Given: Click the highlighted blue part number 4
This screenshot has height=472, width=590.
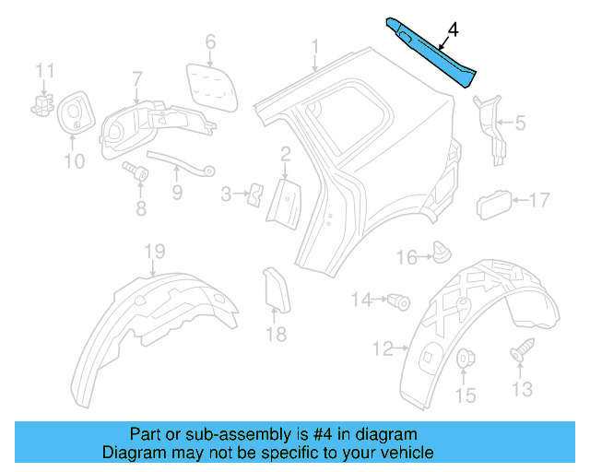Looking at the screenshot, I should pyautogui.click(x=431, y=52).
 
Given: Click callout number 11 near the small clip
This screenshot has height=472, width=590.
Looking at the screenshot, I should pyautogui.click(x=45, y=70).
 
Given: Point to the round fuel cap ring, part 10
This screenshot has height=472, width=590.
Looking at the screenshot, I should pyautogui.click(x=73, y=114).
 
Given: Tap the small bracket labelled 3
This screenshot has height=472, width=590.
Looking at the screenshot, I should pyautogui.click(x=255, y=192).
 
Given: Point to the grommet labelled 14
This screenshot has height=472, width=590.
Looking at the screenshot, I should pyautogui.click(x=398, y=300).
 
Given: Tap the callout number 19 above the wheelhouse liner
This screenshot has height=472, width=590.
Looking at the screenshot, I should pyautogui.click(x=153, y=253).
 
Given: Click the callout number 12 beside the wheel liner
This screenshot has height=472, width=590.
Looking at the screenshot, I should pyautogui.click(x=383, y=348).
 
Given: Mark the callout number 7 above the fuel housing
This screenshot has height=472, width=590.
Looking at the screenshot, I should pyautogui.click(x=137, y=78).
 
